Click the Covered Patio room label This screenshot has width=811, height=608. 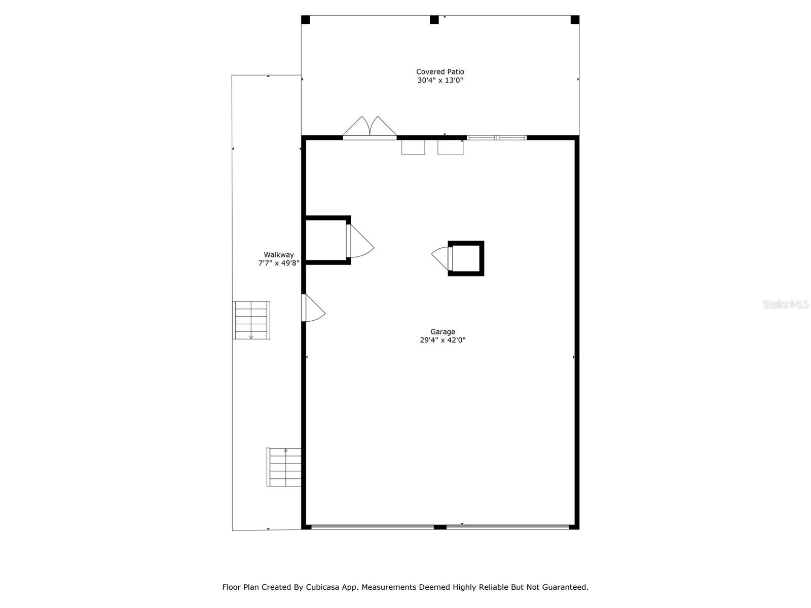pos(440,72)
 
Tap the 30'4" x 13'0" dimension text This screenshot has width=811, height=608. pos(440,81)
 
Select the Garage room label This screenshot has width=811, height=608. pos(443,332)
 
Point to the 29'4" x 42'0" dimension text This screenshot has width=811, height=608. pos(443,340)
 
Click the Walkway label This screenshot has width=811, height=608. pos(278,255)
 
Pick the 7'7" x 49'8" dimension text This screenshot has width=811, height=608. pos(279,263)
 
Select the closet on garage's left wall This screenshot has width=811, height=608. pos(326,240)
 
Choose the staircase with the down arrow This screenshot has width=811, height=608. pos(251,320)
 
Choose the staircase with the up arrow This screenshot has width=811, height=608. pos(284,467)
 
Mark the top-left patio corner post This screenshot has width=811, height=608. pos(305,20)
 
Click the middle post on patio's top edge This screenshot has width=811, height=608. pos(434,20)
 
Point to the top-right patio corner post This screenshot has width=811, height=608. pos(575,20)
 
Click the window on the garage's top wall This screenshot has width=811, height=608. pos(496,137)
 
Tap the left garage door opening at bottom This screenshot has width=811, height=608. pos(373,527)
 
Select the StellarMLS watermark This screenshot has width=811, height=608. pos(786,305)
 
